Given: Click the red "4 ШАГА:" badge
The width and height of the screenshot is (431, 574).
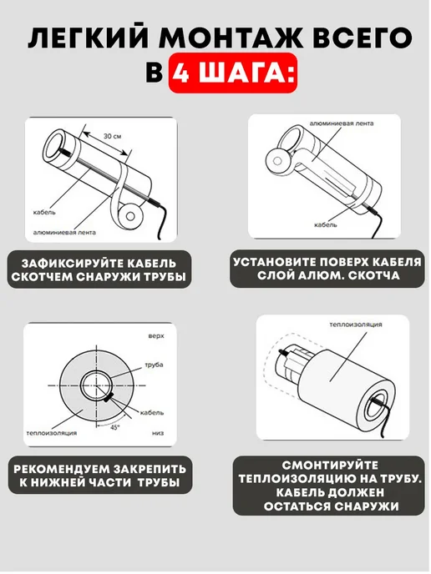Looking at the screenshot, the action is pyautogui.click(x=232, y=73).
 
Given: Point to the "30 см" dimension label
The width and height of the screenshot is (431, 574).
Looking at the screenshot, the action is pyautogui.click(x=112, y=136).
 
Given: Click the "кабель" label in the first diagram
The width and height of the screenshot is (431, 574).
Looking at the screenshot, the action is pyautogui.click(x=44, y=212).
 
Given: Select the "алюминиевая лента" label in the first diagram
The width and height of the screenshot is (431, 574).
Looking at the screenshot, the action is pyautogui.click(x=64, y=232).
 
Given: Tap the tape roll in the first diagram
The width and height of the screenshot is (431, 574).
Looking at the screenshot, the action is pyautogui.click(x=130, y=216).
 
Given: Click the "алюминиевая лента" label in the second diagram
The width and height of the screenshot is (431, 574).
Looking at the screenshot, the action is pyautogui.click(x=342, y=123).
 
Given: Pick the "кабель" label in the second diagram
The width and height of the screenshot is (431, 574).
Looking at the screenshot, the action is pyautogui.click(x=326, y=224).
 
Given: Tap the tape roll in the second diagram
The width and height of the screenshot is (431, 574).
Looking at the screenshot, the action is pyautogui.click(x=278, y=161).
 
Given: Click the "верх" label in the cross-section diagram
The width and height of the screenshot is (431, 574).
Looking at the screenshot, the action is pyautogui.click(x=156, y=335).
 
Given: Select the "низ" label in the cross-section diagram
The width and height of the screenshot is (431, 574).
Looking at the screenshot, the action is pyautogui.click(x=158, y=433).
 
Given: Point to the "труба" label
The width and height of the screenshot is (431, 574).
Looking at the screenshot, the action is pyautogui.click(x=154, y=365).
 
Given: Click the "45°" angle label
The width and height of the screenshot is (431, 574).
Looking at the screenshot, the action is pyautogui.click(x=115, y=427).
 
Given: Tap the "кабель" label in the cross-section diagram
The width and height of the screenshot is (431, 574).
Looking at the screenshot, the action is pyautogui.click(x=152, y=412).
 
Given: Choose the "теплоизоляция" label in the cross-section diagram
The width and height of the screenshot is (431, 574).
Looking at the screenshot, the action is pyautogui.click(x=52, y=433).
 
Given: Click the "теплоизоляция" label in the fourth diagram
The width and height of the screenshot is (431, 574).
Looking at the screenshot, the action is pyautogui.click(x=356, y=325).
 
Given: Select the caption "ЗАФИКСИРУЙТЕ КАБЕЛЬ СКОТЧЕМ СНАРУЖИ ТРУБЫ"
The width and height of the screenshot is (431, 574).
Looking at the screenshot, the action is pyautogui.click(x=99, y=269).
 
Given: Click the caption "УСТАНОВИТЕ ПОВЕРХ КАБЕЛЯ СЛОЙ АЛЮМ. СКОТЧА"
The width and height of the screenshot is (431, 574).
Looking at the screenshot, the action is pyautogui.click(x=327, y=269).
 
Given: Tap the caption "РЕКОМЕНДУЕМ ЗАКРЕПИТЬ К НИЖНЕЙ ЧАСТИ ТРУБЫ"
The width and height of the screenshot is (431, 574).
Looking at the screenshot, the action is pyautogui.click(x=99, y=476).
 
